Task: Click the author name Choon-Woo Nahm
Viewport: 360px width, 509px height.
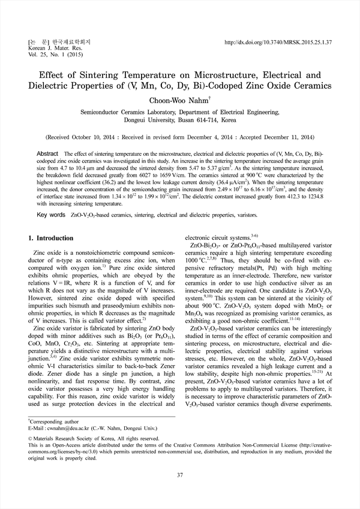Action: tap(179, 101)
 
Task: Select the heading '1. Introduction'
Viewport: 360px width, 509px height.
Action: tap(51, 239)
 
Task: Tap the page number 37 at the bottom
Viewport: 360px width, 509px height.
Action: tap(179, 475)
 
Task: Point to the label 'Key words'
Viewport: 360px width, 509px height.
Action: tap(51, 214)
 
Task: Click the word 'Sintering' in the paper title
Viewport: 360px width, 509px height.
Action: tap(109, 76)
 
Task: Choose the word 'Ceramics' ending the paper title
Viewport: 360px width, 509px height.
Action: tap(305, 85)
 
